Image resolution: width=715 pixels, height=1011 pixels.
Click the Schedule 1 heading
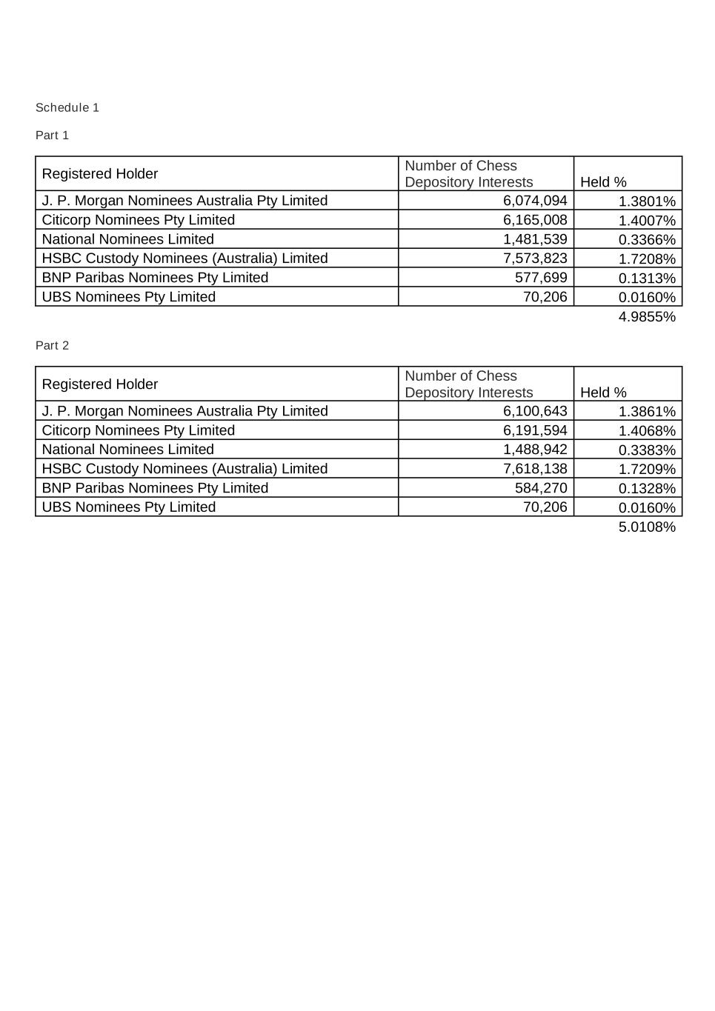click(x=67, y=107)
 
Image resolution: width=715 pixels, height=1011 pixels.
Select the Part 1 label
click(x=52, y=135)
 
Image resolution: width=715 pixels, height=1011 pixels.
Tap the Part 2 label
click(x=52, y=345)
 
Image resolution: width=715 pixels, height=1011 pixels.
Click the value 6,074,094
click(x=535, y=201)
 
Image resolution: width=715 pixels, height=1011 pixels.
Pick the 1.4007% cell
click(x=647, y=221)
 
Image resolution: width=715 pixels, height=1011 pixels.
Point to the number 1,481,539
click(x=535, y=239)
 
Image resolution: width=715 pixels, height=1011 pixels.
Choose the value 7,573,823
click(x=535, y=258)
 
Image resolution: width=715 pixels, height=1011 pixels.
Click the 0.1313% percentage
click(x=647, y=278)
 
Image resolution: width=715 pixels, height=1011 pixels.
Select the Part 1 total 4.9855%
click(x=647, y=317)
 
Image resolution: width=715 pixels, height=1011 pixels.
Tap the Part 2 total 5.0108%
click(x=647, y=527)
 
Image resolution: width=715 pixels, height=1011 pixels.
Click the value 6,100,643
click(x=535, y=411)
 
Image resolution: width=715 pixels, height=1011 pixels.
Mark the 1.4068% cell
click(x=647, y=431)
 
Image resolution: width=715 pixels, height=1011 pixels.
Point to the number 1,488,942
click(x=535, y=450)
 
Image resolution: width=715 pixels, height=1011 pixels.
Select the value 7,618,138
click(x=535, y=469)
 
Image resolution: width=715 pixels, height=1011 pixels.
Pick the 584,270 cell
click(x=541, y=488)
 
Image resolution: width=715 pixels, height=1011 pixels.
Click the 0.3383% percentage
click(x=647, y=450)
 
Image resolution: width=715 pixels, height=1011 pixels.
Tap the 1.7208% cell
click(x=647, y=259)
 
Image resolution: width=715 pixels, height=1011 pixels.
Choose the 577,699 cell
click(x=541, y=278)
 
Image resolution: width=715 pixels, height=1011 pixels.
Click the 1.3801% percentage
click(x=647, y=201)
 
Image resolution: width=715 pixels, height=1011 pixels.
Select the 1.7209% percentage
click(x=647, y=470)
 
